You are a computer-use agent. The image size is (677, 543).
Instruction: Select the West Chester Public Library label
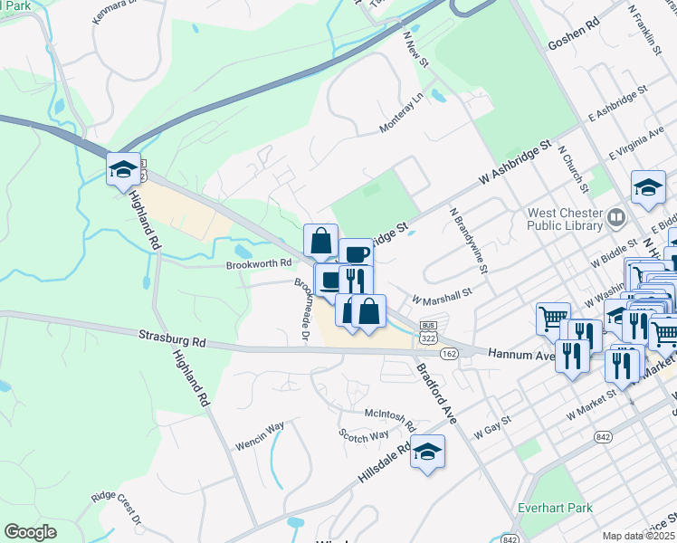(566, 220)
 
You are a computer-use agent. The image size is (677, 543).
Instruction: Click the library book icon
(616, 217)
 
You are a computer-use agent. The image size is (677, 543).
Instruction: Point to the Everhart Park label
(556, 508)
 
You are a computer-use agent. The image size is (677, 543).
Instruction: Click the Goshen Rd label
(574, 44)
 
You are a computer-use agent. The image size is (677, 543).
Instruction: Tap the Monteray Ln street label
(402, 113)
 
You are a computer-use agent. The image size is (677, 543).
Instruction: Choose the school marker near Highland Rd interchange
(123, 170)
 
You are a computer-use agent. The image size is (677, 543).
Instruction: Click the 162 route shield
(450, 353)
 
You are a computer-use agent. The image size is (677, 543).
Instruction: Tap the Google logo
(31, 532)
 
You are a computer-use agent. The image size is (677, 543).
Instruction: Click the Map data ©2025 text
(638, 536)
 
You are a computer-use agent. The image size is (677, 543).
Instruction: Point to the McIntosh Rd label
(389, 419)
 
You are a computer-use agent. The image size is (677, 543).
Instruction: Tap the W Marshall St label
(442, 296)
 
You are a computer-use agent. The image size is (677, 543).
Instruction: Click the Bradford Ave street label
(437, 396)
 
